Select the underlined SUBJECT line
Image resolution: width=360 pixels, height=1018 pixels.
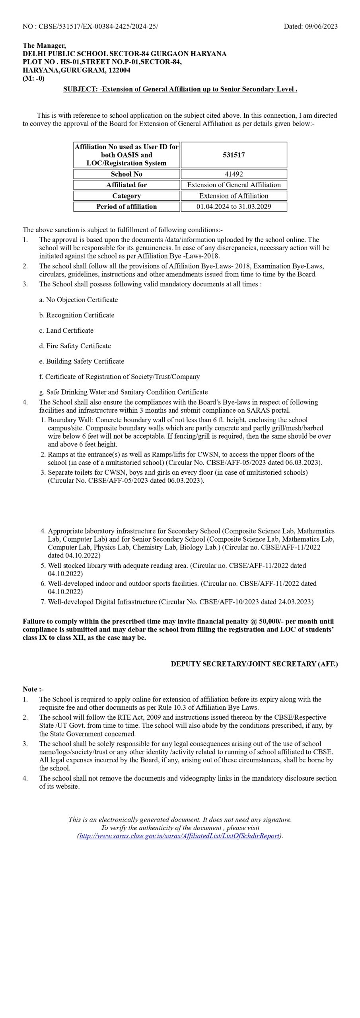coord(180,89)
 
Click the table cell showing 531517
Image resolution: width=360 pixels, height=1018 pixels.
coord(234,155)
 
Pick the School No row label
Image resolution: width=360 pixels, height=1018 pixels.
coord(126,174)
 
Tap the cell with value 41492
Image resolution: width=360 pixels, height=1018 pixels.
coord(234,174)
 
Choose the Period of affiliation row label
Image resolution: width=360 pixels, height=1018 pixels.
coord(126,206)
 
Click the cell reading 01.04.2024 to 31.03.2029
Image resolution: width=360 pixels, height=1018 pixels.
coord(234,206)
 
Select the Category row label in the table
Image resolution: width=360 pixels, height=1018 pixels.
coord(126,196)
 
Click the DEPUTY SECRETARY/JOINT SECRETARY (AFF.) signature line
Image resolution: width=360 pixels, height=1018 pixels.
coord(254,664)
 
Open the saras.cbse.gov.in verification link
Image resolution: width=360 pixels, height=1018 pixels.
coord(180,836)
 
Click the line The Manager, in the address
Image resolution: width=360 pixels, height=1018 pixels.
coord(44,46)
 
